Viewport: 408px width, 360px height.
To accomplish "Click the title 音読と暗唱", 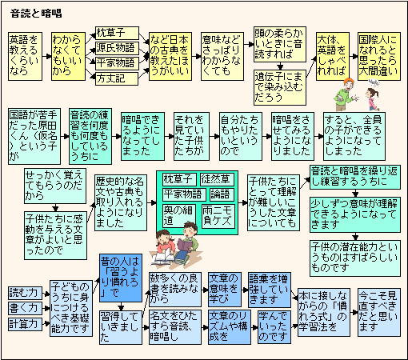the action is [x=36, y=14].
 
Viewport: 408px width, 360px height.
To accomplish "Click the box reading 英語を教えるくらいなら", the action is [x=26, y=56].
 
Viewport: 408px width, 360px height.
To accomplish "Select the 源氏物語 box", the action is [x=117, y=48].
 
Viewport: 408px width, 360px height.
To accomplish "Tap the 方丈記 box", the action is [x=117, y=78].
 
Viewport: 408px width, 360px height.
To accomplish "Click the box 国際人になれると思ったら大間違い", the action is [x=379, y=56].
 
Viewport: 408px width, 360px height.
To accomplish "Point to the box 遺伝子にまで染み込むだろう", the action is [x=280, y=87].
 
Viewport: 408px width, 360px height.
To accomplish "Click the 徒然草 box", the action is [x=217, y=179].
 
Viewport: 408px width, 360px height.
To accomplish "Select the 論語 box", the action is [x=222, y=194].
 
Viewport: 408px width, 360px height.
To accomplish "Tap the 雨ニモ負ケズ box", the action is [x=218, y=216].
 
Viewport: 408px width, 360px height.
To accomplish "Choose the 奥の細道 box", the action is [x=179, y=216].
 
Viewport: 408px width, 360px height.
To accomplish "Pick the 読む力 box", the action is [x=25, y=293].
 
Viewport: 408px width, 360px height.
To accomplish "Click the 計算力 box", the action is [x=25, y=324].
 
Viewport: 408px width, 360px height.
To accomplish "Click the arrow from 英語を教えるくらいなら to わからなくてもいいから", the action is [x=47, y=56].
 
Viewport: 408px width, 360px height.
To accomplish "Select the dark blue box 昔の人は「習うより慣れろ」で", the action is [x=121, y=278].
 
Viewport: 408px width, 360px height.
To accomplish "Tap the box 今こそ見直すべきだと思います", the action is [x=379, y=312].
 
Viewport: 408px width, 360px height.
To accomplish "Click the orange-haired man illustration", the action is [x=346, y=94].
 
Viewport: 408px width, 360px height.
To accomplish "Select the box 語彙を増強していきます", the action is [x=270, y=290].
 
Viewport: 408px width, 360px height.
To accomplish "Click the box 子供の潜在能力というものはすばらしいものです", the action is [x=355, y=258].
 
